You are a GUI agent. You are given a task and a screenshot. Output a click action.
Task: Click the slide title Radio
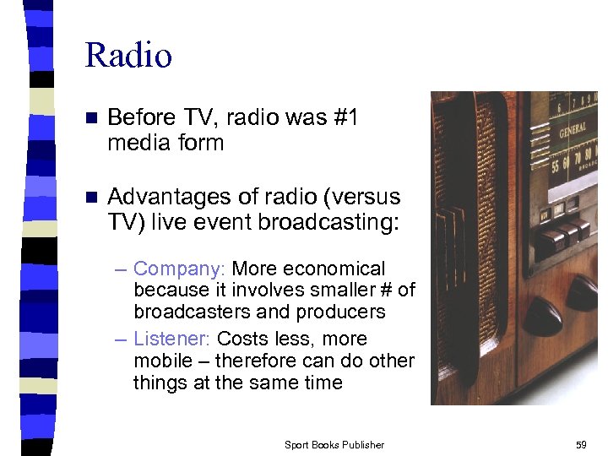click(128, 56)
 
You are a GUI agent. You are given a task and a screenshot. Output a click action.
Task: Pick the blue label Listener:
click(173, 339)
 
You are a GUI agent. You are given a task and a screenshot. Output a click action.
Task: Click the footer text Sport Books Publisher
click(334, 445)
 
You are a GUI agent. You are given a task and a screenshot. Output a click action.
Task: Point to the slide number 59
click(580, 445)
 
